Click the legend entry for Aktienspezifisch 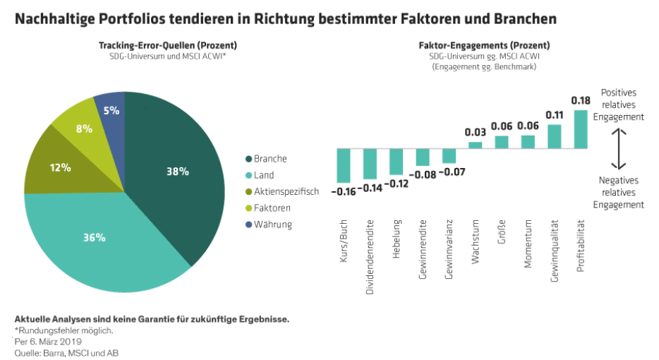pos(282,191)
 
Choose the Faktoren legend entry pos(272,208)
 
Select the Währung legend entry pos(272,224)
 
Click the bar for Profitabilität pos(581,128)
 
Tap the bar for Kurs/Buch pos(344,164)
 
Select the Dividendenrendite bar pos(370,163)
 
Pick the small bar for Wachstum pos(476,145)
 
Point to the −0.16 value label pos(344,191)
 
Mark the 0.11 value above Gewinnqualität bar pos(555,115)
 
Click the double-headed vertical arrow pos(619,148)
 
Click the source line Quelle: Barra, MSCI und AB pos(61,351)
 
